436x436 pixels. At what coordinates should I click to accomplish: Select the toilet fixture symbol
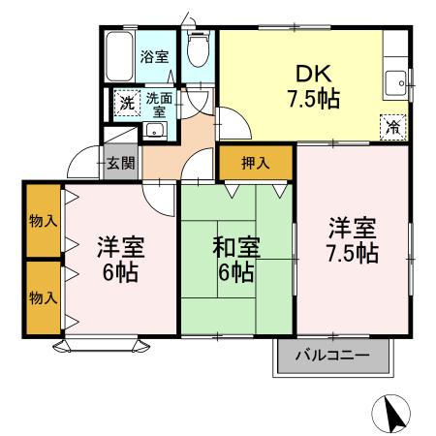tap(197, 50)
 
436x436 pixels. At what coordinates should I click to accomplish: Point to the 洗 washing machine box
tap(127, 103)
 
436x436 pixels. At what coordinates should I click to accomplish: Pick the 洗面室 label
tap(159, 103)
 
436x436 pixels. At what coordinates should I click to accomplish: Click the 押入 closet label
tap(255, 163)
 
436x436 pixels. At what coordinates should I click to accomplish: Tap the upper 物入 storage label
tap(43, 221)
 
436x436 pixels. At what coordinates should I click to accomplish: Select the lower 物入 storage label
tap(43, 297)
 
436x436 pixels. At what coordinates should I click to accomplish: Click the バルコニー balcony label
tap(332, 357)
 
